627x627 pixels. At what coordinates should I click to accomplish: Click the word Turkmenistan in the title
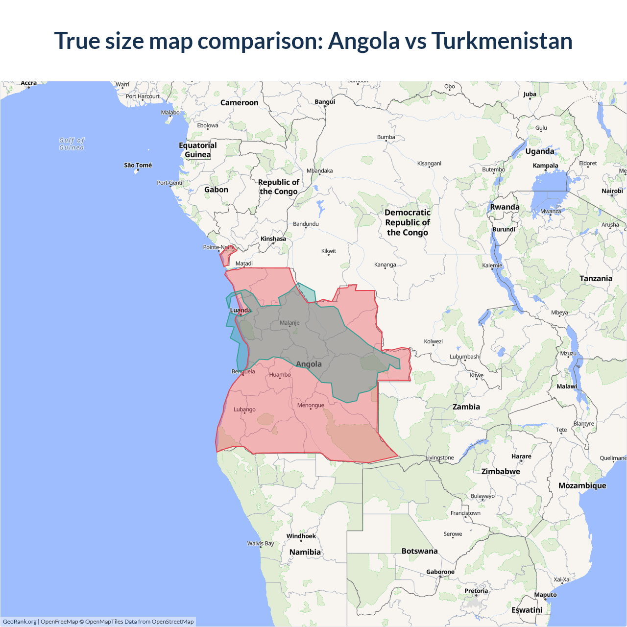502,41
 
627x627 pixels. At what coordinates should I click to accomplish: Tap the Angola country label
309,364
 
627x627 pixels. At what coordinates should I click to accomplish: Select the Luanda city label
241,310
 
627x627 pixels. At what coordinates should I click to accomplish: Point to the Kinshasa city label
273,239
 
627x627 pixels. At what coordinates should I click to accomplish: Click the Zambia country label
466,407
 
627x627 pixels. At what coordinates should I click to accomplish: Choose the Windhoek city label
301,536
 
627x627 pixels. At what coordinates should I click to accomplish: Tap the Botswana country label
419,551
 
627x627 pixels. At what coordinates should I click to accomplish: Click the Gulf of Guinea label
72,144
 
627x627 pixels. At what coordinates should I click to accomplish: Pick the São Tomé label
138,165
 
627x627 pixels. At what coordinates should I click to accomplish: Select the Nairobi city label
612,191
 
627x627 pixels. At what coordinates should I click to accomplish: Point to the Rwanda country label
505,207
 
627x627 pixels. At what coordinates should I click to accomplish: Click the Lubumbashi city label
465,357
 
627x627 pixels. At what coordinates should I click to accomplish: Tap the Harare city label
521,456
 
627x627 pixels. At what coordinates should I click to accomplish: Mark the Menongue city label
311,405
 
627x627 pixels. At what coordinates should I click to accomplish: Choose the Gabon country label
216,190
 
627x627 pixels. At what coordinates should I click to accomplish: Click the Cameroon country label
239,102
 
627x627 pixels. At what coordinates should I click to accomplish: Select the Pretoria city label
476,591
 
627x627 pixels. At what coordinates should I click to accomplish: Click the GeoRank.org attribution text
20,622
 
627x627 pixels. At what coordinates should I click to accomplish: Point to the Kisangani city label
429,163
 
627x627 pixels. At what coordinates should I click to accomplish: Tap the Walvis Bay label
261,543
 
